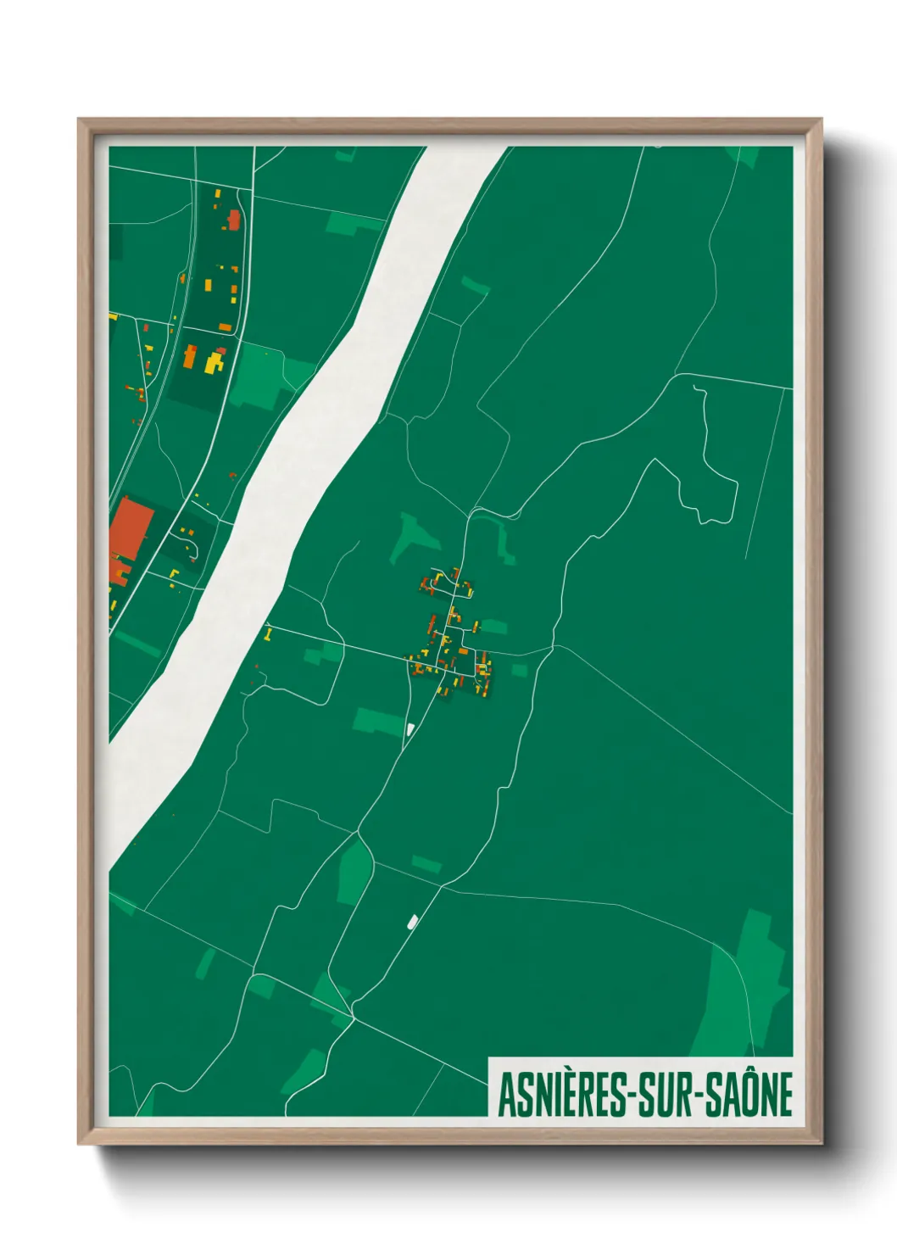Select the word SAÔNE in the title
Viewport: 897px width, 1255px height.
point(750,1095)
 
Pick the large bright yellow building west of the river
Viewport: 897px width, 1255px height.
point(214,363)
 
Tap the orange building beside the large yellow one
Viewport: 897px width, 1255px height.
point(191,356)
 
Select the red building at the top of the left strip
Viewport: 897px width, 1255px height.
point(234,220)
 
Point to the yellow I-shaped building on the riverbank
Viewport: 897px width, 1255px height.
point(269,633)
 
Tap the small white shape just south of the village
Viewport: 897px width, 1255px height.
point(410,728)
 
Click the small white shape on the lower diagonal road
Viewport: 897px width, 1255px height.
point(413,921)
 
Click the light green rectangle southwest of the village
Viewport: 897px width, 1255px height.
point(378,722)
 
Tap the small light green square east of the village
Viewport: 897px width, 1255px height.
point(519,670)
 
